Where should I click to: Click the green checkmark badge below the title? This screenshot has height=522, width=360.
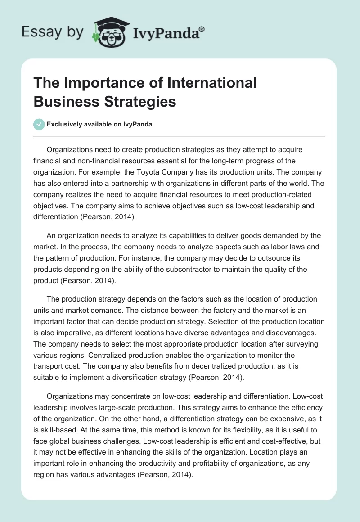click(x=39, y=124)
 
